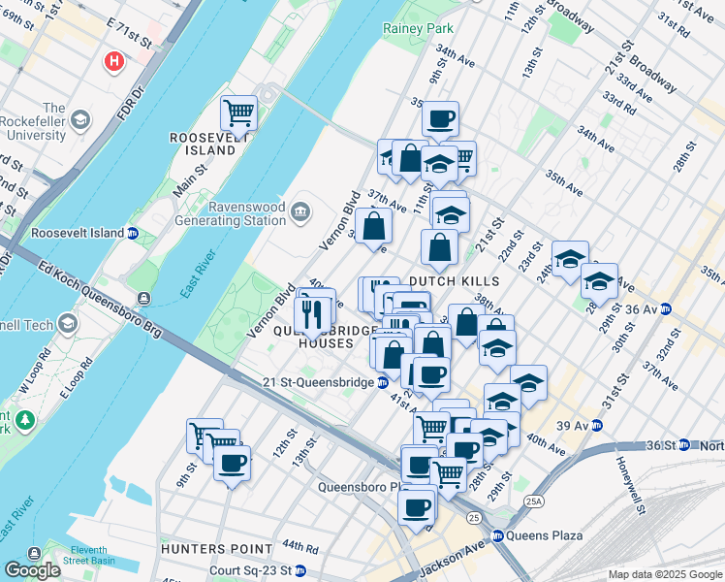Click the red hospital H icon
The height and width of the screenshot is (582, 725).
[114, 62]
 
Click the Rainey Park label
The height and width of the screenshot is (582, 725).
[418, 29]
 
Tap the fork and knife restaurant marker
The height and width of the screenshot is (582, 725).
[311, 313]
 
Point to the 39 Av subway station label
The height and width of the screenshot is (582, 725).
[579, 425]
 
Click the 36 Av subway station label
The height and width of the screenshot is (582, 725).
[649, 309]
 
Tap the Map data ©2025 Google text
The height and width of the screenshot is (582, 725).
[664, 574]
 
